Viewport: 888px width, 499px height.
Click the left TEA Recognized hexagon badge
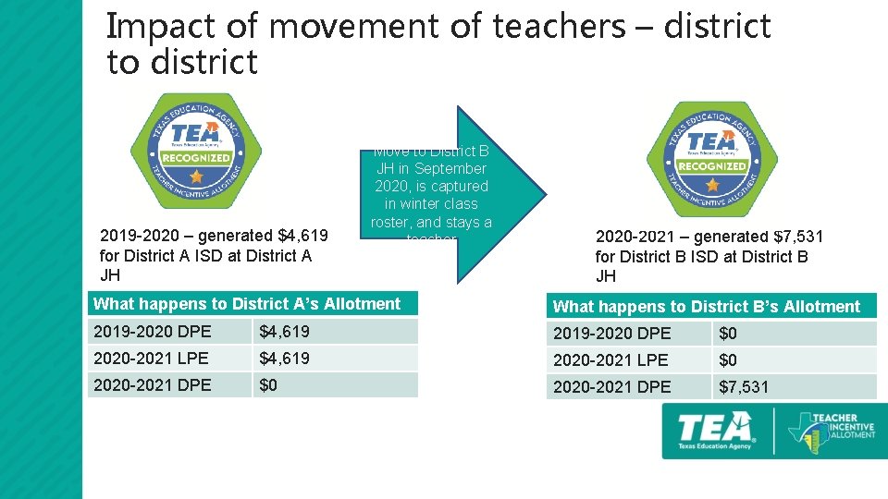click(x=195, y=152)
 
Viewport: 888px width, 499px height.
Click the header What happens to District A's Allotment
click(x=247, y=304)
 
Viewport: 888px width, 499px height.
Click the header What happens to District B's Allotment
click(x=707, y=307)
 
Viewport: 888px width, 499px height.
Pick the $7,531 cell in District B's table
click(x=743, y=387)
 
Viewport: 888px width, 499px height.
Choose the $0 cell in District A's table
click(x=268, y=384)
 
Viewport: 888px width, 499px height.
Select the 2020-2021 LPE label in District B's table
click(x=612, y=360)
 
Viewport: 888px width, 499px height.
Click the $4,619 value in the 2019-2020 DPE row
click(x=284, y=332)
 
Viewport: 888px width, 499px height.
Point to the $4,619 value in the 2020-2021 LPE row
click(x=284, y=359)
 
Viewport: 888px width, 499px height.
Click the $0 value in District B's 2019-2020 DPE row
click(x=728, y=334)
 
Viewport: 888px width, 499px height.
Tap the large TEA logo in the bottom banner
click(x=715, y=430)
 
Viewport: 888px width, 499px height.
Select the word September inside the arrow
click(x=450, y=169)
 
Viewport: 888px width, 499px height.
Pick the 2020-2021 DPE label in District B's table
click(x=612, y=387)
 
